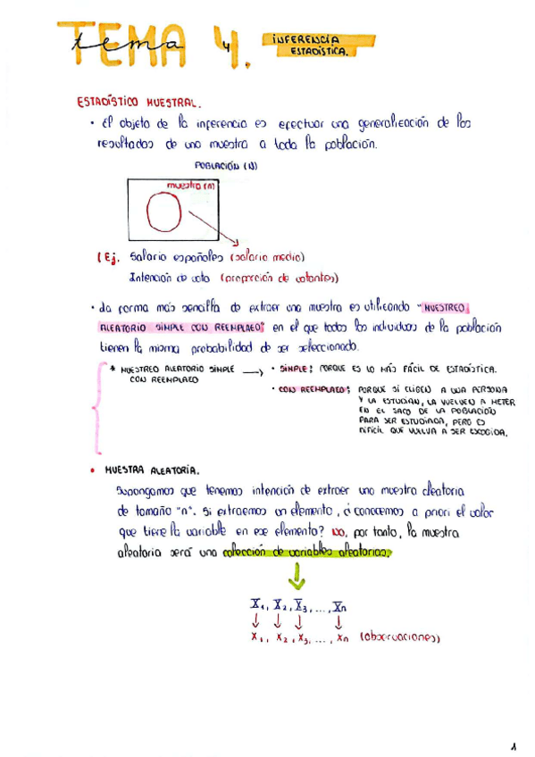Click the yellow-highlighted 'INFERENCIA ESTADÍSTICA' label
[320, 46]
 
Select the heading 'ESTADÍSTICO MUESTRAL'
[143, 102]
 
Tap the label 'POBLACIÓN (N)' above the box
[226, 165]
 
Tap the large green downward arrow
[297, 579]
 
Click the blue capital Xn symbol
[338, 607]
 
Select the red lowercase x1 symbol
[257, 638]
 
